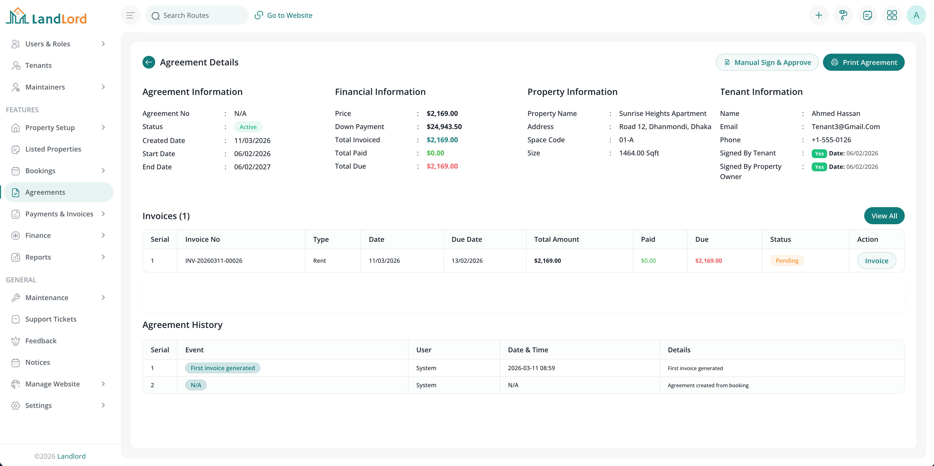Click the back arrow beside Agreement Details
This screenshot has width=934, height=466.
pos(149,62)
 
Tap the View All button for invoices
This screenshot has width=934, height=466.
pos(884,216)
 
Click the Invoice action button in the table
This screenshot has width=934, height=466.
pos(876,261)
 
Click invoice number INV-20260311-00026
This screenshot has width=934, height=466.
pos(213,261)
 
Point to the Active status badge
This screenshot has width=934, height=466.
pos(248,127)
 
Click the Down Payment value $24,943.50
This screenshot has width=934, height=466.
pos(444,127)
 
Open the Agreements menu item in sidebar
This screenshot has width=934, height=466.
pos(45,192)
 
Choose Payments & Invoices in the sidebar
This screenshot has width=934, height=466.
pos(59,214)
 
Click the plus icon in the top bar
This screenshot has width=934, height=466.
pos(818,15)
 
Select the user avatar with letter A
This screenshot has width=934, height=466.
pos(916,15)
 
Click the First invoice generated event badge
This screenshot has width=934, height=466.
pos(222,368)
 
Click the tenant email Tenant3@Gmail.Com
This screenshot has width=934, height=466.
pos(845,127)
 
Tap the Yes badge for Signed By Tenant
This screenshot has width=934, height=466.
pos(819,153)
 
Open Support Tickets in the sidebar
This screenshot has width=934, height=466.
pos(51,319)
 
